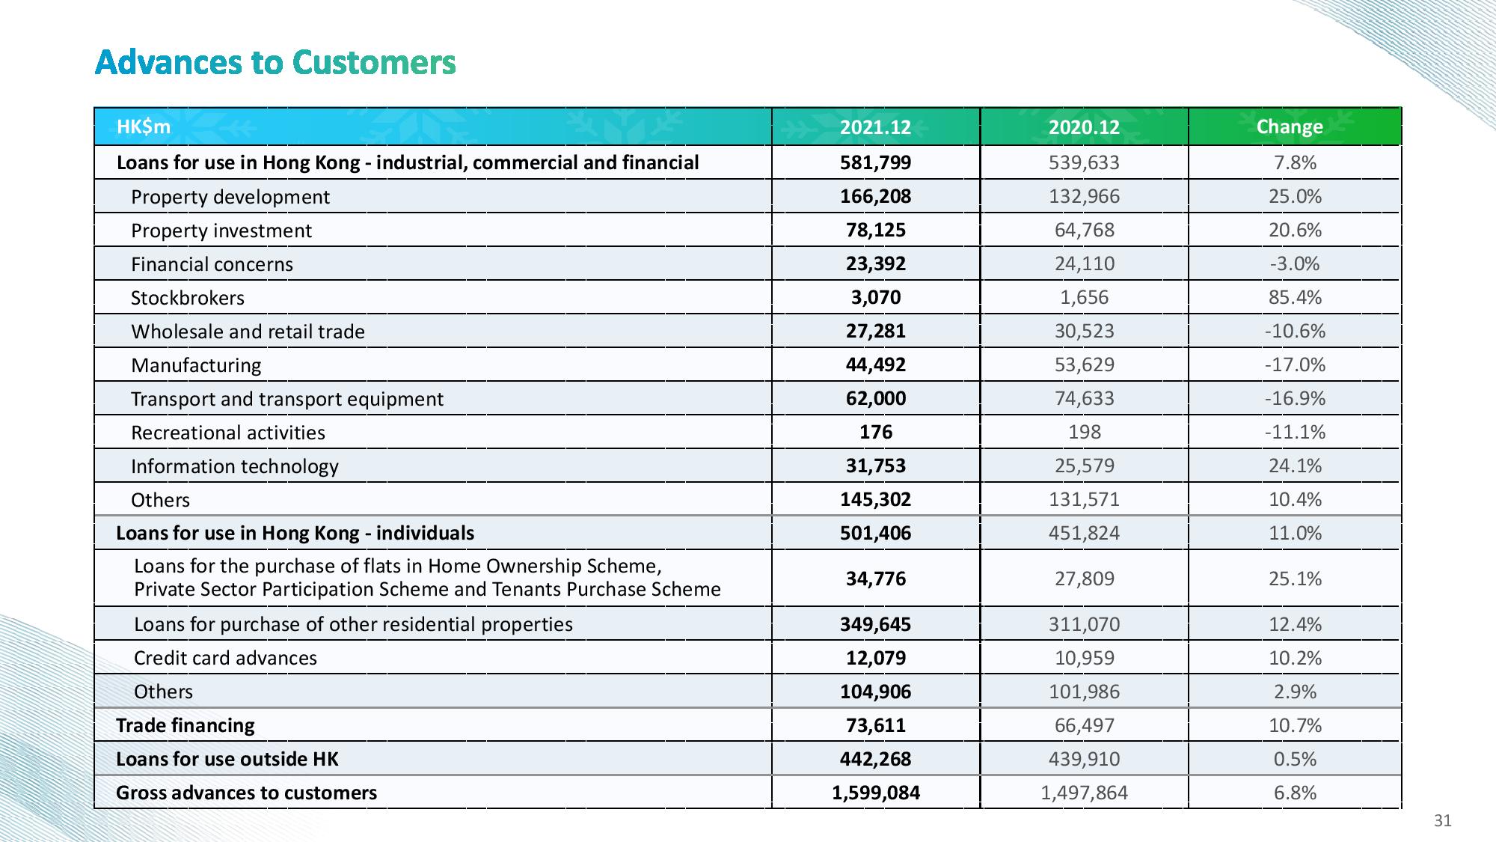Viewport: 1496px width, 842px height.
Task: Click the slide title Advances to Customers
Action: (x=275, y=62)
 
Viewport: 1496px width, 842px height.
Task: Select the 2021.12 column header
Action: (x=875, y=127)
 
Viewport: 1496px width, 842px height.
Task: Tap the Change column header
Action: (x=1289, y=126)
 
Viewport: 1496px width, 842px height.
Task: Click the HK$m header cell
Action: (x=144, y=126)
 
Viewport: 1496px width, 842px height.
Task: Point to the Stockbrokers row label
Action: (x=188, y=298)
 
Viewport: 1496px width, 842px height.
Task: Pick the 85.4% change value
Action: (x=1295, y=297)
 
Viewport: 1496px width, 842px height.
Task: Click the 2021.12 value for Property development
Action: (x=875, y=196)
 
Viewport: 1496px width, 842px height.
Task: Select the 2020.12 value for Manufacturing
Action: (x=1084, y=364)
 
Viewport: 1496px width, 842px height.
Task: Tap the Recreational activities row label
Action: (x=228, y=433)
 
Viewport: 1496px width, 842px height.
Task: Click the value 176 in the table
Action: (x=875, y=432)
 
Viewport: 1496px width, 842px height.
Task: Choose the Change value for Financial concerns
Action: (x=1295, y=263)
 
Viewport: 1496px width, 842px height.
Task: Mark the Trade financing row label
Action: (x=186, y=725)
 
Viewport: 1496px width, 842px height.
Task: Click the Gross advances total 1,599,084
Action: (x=876, y=793)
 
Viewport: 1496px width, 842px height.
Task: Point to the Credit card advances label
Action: (x=225, y=658)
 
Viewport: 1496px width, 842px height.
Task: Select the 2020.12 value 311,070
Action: (x=1084, y=624)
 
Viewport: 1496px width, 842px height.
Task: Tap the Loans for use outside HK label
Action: (x=227, y=759)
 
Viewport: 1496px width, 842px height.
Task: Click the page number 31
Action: (x=1442, y=821)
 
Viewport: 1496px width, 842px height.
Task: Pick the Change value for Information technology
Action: (x=1295, y=466)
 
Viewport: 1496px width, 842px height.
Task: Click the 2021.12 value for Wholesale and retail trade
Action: (x=875, y=331)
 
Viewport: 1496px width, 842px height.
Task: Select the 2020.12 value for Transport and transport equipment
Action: (x=1084, y=398)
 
